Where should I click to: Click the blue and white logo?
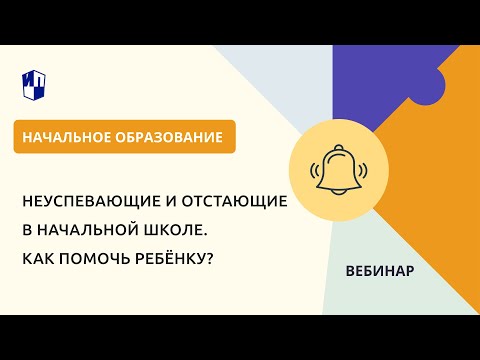click(x=34, y=85)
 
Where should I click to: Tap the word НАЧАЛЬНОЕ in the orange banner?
click(x=66, y=137)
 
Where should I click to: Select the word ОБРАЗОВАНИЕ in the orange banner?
click(x=169, y=137)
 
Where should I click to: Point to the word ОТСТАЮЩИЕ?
click(x=234, y=201)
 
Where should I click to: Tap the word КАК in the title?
click(x=38, y=259)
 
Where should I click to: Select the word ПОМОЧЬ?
click(x=94, y=259)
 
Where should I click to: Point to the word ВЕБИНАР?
click(x=380, y=271)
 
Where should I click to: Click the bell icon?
click(x=339, y=170)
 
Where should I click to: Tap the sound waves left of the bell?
click(x=314, y=170)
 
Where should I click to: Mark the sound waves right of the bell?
click(x=363, y=170)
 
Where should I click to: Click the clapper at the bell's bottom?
click(x=339, y=192)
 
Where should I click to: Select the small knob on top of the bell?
click(x=339, y=147)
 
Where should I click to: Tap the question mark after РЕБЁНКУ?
click(x=209, y=259)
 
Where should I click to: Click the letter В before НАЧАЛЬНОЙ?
click(x=27, y=230)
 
